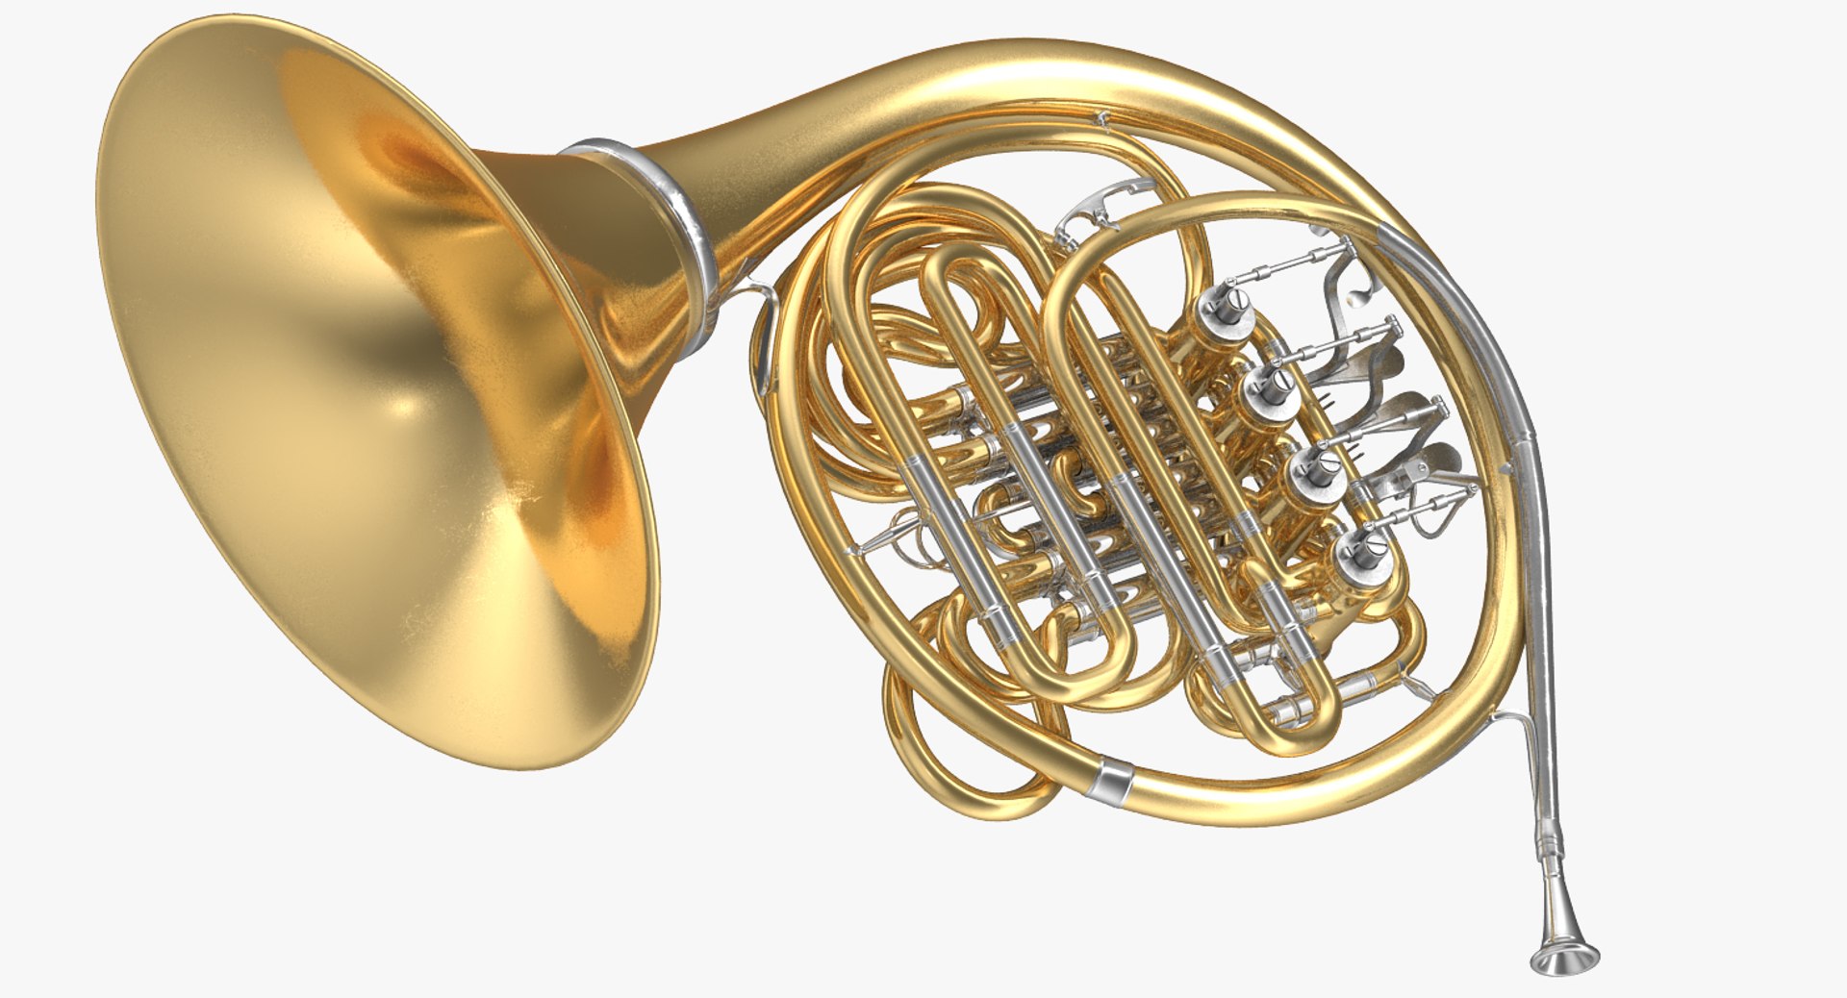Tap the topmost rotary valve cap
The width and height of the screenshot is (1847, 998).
click(x=1227, y=314)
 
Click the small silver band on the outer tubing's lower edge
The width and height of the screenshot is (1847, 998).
click(x=1112, y=780)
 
